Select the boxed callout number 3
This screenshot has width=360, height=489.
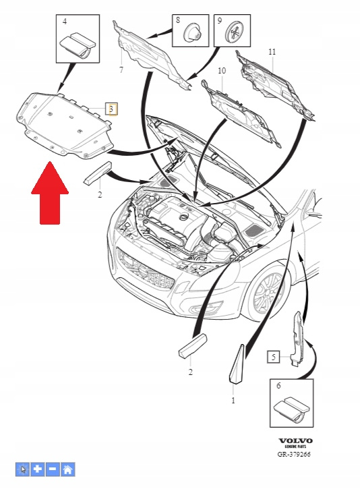click(111, 109)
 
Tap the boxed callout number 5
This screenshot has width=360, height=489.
click(273, 357)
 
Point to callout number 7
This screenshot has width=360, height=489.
click(121, 69)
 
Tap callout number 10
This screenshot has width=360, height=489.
click(222, 71)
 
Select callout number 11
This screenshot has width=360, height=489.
click(272, 51)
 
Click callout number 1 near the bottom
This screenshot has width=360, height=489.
click(233, 400)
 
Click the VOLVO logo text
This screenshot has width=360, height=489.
click(295, 440)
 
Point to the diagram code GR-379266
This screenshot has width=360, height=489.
click(294, 454)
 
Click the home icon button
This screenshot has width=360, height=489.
click(67, 469)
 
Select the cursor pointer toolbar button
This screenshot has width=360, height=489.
click(22, 469)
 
